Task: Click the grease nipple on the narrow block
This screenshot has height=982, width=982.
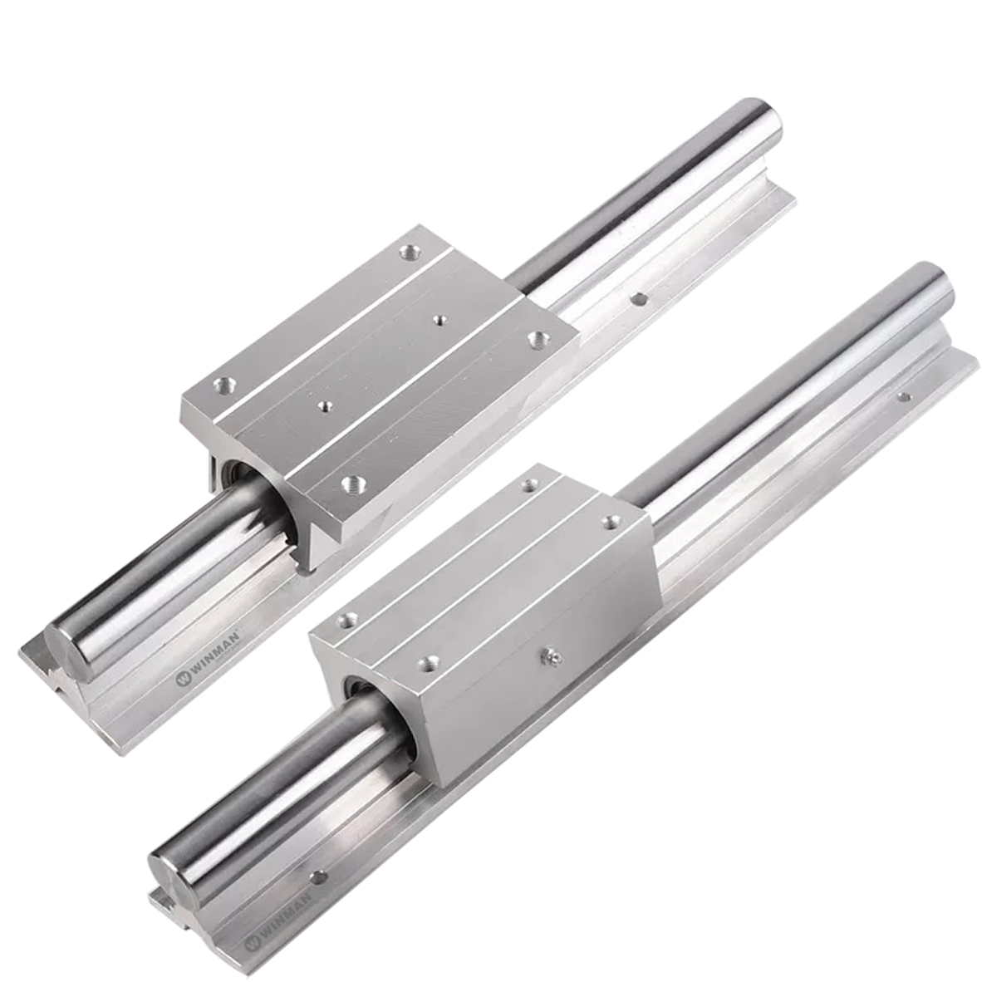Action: click(552, 656)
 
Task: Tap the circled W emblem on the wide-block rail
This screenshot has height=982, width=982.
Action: click(182, 679)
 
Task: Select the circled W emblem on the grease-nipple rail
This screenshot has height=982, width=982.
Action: click(252, 943)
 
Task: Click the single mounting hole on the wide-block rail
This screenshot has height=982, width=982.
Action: click(638, 299)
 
